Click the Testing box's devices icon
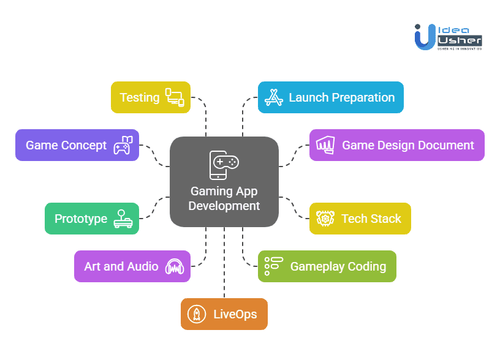[174, 97]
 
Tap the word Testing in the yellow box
[139, 97]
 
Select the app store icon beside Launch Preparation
[273, 97]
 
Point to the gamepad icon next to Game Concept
[121, 146]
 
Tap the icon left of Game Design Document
[325, 145]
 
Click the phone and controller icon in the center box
[224, 165]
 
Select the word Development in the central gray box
[224, 206]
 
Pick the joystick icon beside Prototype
[123, 219]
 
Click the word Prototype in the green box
[81, 219]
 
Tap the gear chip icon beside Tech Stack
[325, 219]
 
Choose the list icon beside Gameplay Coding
[273, 266]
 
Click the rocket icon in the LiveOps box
[196, 314]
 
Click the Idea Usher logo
[448, 36]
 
